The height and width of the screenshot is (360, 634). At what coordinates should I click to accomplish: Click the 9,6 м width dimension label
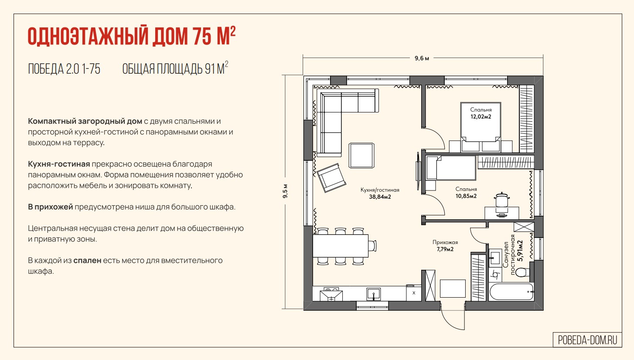tap(422, 58)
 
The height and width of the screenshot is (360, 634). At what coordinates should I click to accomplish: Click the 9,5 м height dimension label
tap(285, 191)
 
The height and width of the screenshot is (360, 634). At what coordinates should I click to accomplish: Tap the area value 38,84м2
tap(380, 197)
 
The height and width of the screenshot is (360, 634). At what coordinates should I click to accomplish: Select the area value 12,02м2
tap(481, 116)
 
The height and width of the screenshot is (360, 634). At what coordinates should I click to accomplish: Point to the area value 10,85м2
tap(466, 196)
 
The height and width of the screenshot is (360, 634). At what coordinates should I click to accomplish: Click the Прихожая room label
tap(445, 242)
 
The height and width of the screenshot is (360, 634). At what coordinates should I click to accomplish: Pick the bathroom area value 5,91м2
tap(520, 251)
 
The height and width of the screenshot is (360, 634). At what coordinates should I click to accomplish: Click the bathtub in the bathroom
tap(511, 292)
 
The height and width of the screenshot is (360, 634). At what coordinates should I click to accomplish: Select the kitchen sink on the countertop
tap(374, 294)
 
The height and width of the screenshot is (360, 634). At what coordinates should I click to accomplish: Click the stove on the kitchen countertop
tap(331, 294)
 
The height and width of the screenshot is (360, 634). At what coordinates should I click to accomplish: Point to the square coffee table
tap(361, 156)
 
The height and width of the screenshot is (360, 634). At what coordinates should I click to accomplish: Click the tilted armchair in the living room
tap(331, 178)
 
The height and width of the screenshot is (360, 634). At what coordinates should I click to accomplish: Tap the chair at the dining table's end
tap(372, 246)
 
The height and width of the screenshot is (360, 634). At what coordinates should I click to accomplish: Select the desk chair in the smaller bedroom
tap(502, 201)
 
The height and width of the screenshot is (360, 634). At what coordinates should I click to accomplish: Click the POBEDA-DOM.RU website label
tap(588, 340)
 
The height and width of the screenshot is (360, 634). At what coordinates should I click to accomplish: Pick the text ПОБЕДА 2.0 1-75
tap(64, 69)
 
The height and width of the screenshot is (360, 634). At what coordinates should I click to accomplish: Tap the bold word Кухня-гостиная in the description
tap(59, 164)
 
